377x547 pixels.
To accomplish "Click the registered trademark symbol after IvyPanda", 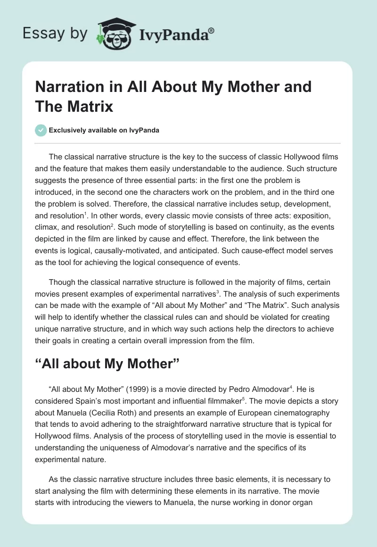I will pos(211,30).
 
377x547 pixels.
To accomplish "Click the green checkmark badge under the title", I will pos(41,130).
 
